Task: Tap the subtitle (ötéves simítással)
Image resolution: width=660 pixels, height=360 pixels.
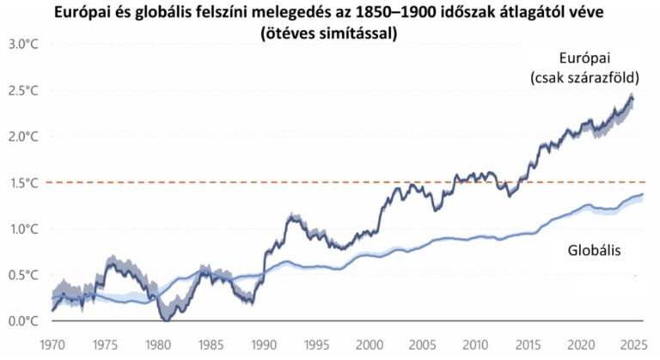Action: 330,33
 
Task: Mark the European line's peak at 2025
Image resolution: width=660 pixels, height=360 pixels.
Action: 633,97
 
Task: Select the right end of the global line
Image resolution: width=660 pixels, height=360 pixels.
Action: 641,195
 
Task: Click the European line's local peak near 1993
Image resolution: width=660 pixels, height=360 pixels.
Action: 291,216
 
